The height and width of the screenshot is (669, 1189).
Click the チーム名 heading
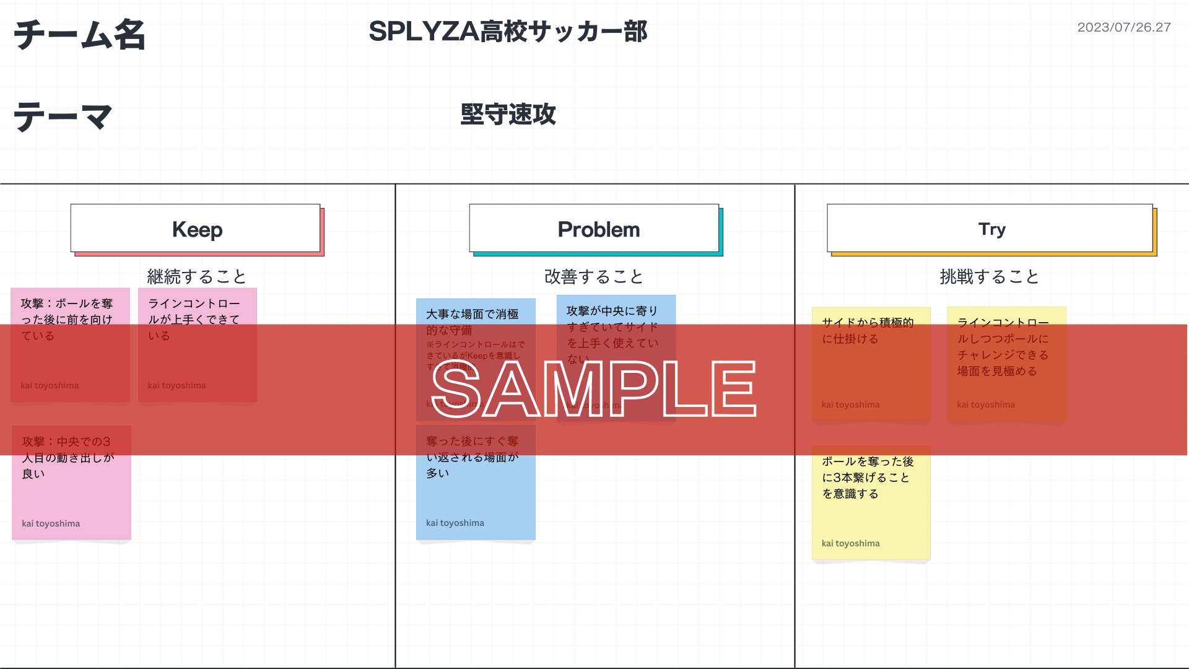point(79,35)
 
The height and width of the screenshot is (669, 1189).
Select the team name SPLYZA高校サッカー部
point(508,32)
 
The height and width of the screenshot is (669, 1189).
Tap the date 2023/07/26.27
point(1123,27)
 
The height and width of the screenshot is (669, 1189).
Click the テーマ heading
point(63,116)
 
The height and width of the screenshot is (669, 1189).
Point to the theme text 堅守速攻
point(508,115)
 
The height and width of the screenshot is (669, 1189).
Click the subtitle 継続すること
point(196,276)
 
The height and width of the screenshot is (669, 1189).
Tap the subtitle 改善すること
point(594,276)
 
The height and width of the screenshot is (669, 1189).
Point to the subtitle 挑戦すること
point(989,276)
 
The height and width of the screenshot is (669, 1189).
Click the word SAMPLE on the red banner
point(593,389)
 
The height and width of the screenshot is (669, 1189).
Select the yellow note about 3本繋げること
point(871,502)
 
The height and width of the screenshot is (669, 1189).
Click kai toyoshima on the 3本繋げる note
point(850,543)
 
